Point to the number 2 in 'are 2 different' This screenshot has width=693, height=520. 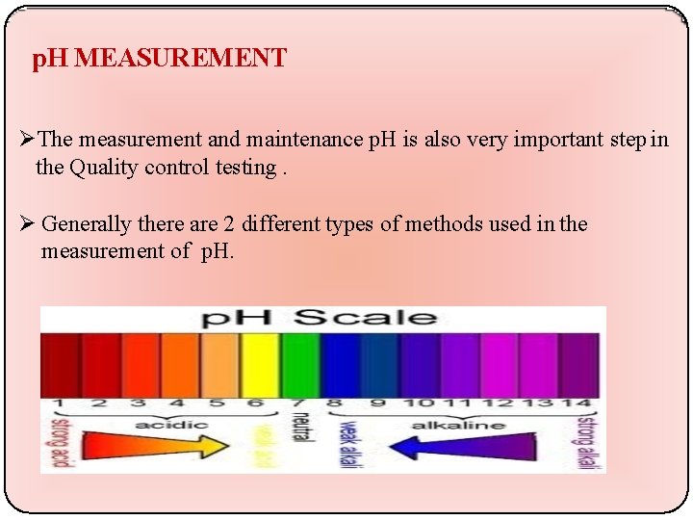229,224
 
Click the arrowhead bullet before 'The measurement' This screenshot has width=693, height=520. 28,141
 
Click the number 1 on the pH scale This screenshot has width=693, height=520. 59,403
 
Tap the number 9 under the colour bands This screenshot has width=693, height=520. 378,403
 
